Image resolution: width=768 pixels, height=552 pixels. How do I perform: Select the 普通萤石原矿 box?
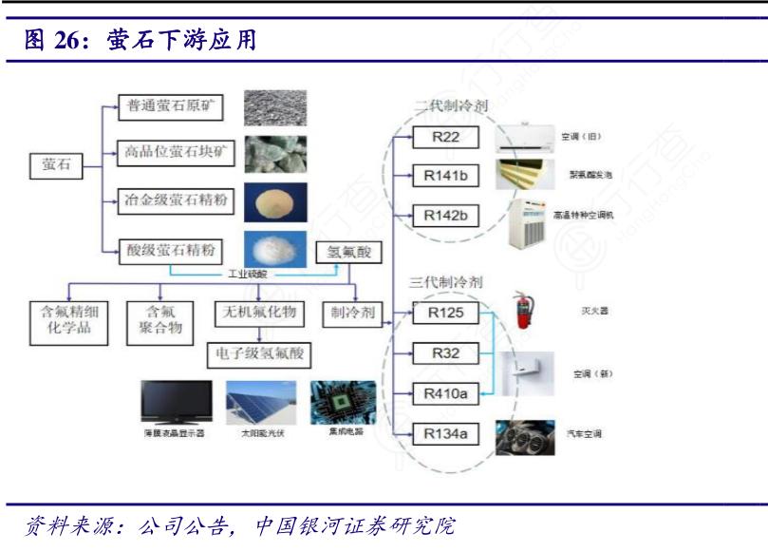(170, 106)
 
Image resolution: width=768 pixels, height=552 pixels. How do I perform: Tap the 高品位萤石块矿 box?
(170, 151)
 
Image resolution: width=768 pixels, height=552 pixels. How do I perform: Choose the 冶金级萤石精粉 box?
(170, 200)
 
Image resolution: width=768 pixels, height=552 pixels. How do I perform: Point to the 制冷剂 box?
(352, 312)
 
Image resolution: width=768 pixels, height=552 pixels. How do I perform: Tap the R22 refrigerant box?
(445, 138)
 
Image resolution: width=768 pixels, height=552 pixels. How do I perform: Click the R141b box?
(445, 177)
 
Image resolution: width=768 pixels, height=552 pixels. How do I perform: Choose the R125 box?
(445, 313)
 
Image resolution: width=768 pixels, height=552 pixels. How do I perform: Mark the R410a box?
(445, 392)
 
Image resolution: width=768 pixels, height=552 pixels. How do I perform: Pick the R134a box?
(445, 434)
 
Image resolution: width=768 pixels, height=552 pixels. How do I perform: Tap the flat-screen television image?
(176, 403)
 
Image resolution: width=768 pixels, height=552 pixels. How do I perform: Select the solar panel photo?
(260, 403)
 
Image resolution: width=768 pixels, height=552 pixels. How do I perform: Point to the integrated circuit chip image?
(343, 403)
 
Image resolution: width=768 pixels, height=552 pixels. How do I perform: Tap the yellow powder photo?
(273, 200)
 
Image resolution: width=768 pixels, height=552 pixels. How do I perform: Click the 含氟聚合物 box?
(159, 322)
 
